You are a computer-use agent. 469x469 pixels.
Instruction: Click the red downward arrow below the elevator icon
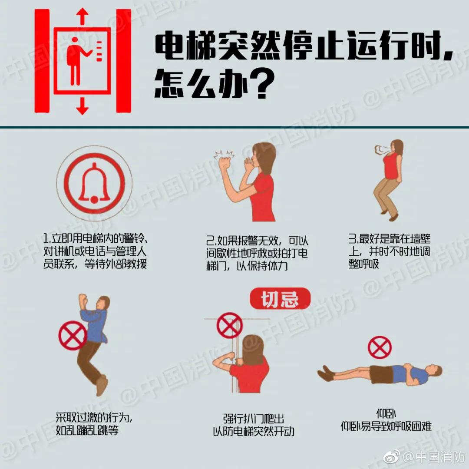click(82, 106)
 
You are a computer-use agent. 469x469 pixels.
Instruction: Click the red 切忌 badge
click(280, 299)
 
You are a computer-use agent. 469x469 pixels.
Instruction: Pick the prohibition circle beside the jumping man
click(73, 335)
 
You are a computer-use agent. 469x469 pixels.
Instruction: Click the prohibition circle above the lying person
click(380, 347)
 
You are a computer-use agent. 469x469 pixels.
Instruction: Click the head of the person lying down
click(435, 372)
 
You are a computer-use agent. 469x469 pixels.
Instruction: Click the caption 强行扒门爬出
click(254, 419)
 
